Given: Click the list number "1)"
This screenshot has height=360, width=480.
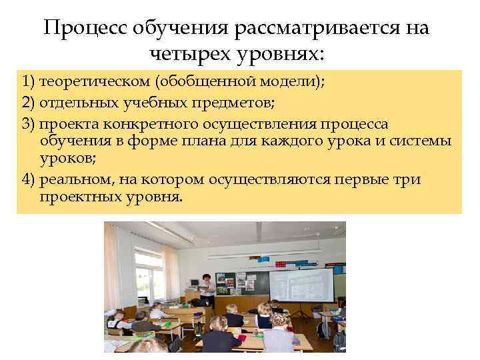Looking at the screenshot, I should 28,82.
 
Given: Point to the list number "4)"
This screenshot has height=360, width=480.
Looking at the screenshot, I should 28,181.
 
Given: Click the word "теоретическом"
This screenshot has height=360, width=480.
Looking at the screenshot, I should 95,82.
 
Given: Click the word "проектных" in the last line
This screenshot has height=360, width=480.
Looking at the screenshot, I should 78,198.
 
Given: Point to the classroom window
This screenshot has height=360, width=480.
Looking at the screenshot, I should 153,273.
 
